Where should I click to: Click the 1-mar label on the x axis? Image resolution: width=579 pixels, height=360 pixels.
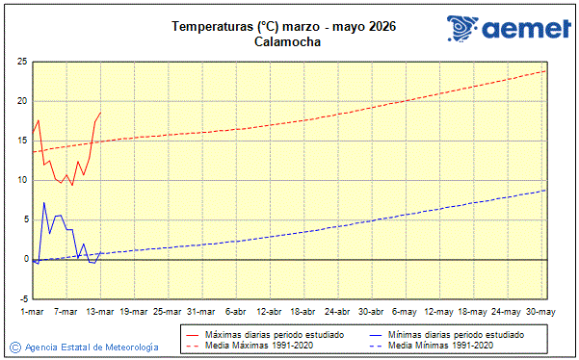[32, 312]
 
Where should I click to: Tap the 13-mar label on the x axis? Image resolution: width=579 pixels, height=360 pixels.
[100, 312]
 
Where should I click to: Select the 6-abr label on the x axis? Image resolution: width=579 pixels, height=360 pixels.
[236, 312]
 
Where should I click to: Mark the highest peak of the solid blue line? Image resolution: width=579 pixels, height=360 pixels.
[43, 202]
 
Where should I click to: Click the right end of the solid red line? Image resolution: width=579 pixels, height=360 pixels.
[100, 113]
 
